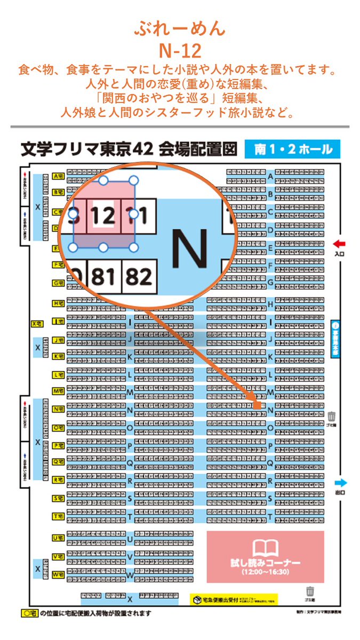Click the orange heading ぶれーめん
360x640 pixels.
180,29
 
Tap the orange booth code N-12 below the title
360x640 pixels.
180,51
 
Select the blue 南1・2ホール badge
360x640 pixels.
292,149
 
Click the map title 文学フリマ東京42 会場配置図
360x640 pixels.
128,149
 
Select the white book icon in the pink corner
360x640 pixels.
265,547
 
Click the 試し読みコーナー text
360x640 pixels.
265,563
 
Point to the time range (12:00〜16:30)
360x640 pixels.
265,572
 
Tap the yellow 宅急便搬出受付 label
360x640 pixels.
235,599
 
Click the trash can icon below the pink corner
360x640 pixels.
310,591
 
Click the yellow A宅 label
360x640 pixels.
59,176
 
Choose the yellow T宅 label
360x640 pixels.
59,516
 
